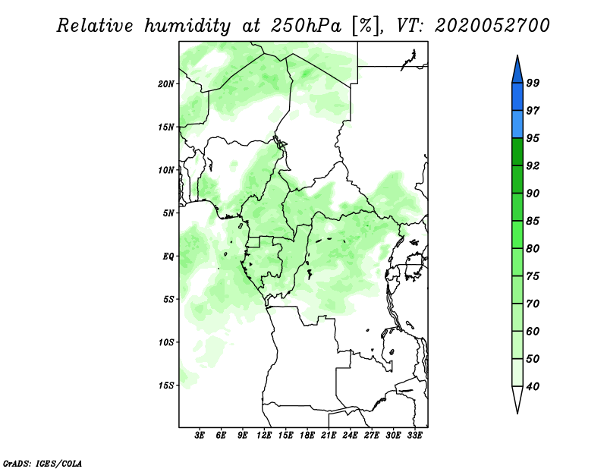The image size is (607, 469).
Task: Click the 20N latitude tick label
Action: point(166,83)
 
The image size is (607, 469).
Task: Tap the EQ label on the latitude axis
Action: point(168,256)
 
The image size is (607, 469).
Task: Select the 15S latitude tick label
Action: point(166,386)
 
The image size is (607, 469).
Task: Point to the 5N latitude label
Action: point(168,213)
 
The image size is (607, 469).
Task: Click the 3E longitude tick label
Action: point(200,435)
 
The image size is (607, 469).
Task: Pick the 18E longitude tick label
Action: point(307,435)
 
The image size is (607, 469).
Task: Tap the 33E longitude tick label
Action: point(414,435)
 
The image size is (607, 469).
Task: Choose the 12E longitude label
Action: point(264,435)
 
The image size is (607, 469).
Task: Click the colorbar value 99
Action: point(533,83)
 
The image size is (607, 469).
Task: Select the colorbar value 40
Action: point(533,386)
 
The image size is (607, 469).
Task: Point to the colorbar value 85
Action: point(533,221)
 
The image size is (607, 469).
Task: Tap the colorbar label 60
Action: point(533,331)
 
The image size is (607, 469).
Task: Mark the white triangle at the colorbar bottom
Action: point(517,398)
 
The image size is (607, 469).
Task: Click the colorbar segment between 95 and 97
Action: point(517,124)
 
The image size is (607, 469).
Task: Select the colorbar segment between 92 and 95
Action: point(517,152)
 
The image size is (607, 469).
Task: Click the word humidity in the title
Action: point(187,26)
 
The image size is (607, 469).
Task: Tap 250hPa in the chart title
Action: point(306,26)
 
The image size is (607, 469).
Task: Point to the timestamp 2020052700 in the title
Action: point(492,26)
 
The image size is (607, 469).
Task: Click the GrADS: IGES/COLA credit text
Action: point(42,464)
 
